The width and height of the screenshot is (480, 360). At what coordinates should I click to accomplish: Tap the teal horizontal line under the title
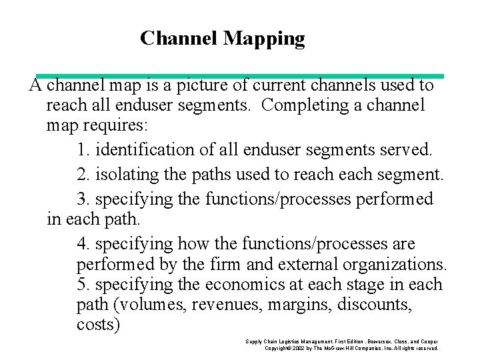tap(240, 76)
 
